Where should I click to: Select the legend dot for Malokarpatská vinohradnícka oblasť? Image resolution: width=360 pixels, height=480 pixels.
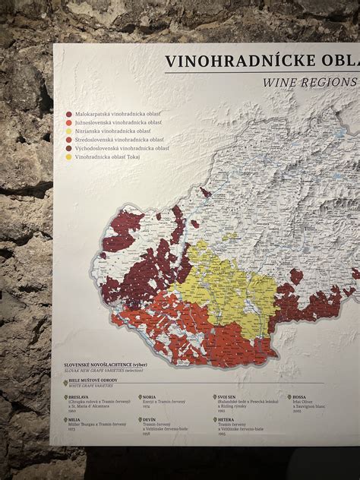(68, 114)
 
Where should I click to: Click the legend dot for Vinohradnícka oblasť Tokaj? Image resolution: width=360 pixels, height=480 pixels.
(68, 157)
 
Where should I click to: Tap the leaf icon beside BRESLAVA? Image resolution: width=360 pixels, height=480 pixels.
(65, 397)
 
